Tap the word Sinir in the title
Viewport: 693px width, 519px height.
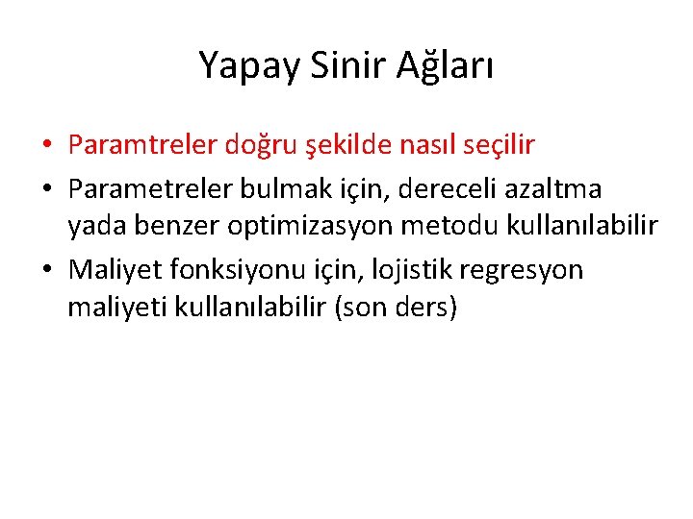[335, 64]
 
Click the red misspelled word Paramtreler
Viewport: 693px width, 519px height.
[142, 145]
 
